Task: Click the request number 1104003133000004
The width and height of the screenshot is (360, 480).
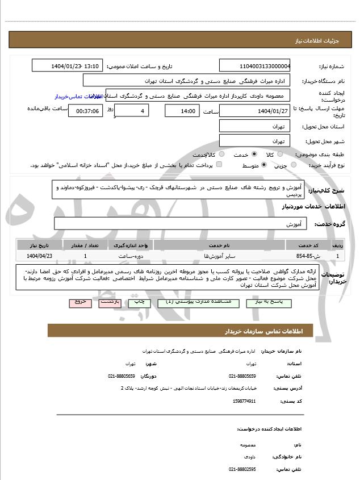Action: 254,66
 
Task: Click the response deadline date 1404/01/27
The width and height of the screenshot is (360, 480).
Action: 254,110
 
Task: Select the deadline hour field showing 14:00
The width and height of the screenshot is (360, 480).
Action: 182,110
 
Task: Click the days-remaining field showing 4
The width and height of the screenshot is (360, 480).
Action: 132,110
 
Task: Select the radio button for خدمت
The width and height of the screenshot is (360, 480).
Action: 254,154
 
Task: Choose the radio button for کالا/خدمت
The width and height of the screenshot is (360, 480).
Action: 221,154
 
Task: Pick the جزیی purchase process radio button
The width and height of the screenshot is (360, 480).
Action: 294,165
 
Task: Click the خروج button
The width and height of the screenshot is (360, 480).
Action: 80,302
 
